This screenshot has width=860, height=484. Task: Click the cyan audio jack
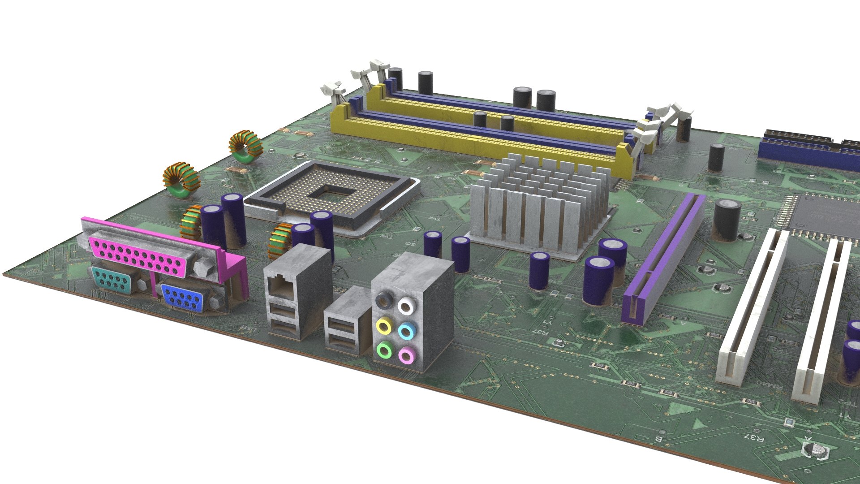pos(407,332)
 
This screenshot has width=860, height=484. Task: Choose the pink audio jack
pos(406,356)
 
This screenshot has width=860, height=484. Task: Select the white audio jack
pos(406,307)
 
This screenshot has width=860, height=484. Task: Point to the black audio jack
pos(384,300)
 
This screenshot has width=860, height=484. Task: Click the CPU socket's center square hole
pos(331,194)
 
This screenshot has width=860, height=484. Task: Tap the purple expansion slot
pos(663,260)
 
